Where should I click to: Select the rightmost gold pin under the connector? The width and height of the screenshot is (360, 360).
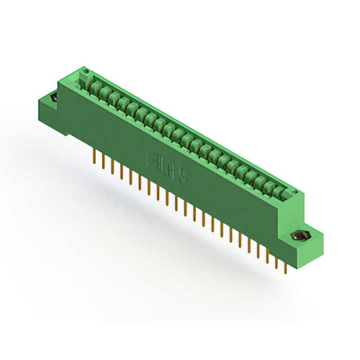286,267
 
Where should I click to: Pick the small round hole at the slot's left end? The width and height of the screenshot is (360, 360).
86,71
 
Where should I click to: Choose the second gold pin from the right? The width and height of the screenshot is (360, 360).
276,262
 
